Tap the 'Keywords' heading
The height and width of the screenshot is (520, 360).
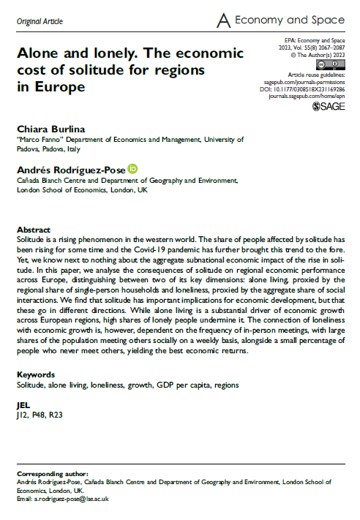coord(37,374)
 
